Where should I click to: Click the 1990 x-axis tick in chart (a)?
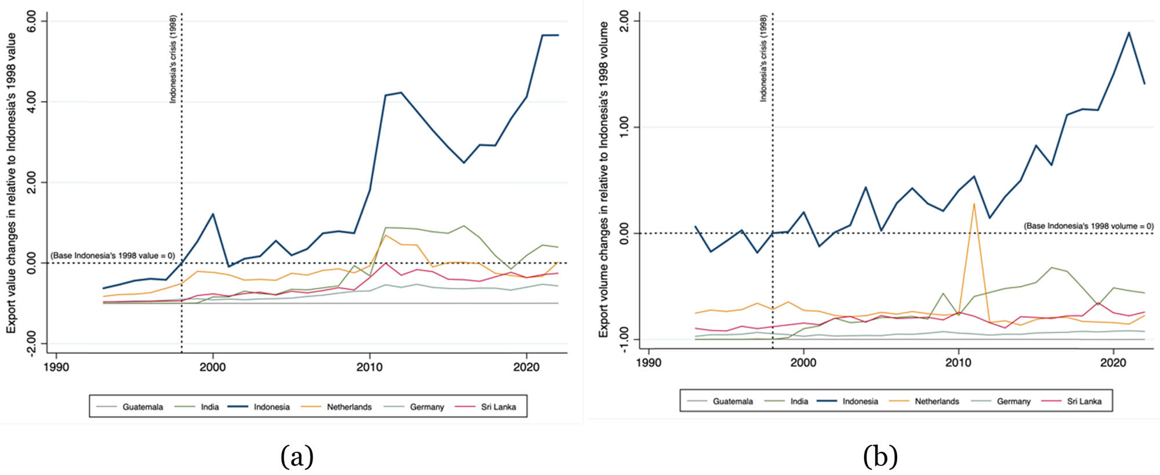click(56, 368)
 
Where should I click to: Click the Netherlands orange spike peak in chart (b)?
click(974, 204)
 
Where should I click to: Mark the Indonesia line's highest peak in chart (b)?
click(1129, 32)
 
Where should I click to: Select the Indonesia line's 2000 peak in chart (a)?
click(213, 214)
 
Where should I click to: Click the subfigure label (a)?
click(297, 456)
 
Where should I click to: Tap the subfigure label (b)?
click(880, 456)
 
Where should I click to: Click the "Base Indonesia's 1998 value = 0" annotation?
click(113, 255)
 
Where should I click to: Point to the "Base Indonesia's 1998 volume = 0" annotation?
click(1088, 226)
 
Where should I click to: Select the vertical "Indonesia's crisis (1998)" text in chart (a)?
click(173, 59)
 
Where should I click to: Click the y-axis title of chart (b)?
click(604, 180)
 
